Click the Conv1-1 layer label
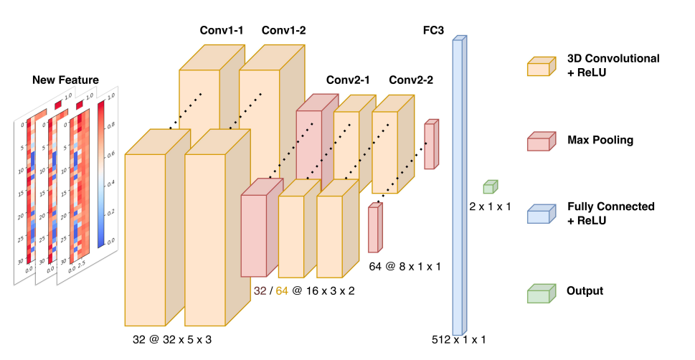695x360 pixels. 221,30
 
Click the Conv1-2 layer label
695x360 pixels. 283,30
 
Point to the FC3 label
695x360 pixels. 434,30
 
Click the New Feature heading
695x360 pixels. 65,79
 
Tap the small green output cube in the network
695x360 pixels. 489,187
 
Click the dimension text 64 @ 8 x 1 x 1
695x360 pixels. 405,266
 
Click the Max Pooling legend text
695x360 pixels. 600,140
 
